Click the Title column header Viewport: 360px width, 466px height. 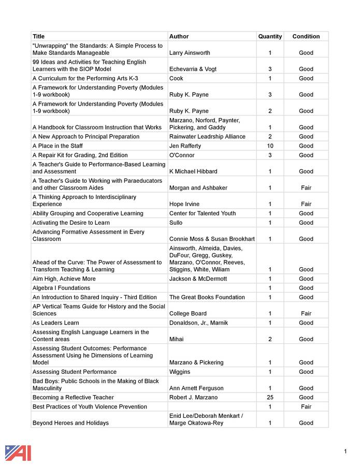click(x=39, y=36)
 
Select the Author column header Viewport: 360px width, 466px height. click(x=179, y=36)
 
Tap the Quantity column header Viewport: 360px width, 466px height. click(x=270, y=36)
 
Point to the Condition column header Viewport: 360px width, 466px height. click(x=306, y=36)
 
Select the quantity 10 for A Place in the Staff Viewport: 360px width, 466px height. click(x=270, y=146)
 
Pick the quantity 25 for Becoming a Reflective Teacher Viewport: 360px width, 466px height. click(x=270, y=397)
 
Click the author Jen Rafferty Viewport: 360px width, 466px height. click(x=185, y=146)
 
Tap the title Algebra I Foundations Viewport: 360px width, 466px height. click(x=61, y=288)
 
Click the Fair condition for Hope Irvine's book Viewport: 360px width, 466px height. click(x=306, y=204)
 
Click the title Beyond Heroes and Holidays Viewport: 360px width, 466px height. click(x=70, y=423)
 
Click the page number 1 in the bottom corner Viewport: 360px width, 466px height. click(x=345, y=452)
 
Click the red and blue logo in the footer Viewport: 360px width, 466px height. click(x=18, y=453)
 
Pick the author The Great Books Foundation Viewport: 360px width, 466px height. click(x=207, y=297)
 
